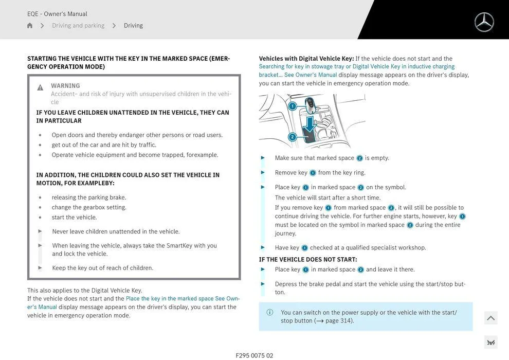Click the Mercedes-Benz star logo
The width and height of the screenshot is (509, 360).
(x=484, y=22)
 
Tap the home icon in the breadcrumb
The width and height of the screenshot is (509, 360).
(x=30, y=26)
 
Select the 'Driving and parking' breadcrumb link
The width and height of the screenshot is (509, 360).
(x=78, y=26)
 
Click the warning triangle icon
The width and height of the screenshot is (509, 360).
(x=40, y=87)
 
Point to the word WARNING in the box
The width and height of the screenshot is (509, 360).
(x=65, y=86)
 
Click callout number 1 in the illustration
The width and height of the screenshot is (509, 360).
(x=292, y=106)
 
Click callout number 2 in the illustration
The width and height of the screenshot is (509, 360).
(x=292, y=137)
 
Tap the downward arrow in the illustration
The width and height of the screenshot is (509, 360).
(x=310, y=123)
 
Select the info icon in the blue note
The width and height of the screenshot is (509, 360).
(x=270, y=312)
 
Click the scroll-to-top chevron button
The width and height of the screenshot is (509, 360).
(x=490, y=318)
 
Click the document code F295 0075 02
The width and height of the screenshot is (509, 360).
(x=254, y=355)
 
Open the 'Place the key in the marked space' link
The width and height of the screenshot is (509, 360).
(x=170, y=299)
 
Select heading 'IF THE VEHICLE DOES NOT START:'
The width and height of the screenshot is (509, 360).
(x=308, y=259)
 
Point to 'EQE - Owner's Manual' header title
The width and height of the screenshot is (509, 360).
(x=57, y=14)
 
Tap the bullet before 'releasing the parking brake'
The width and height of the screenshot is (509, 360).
(x=40, y=198)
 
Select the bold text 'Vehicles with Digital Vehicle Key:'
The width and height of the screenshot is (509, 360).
(x=306, y=59)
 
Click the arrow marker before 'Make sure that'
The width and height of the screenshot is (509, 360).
(x=263, y=158)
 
